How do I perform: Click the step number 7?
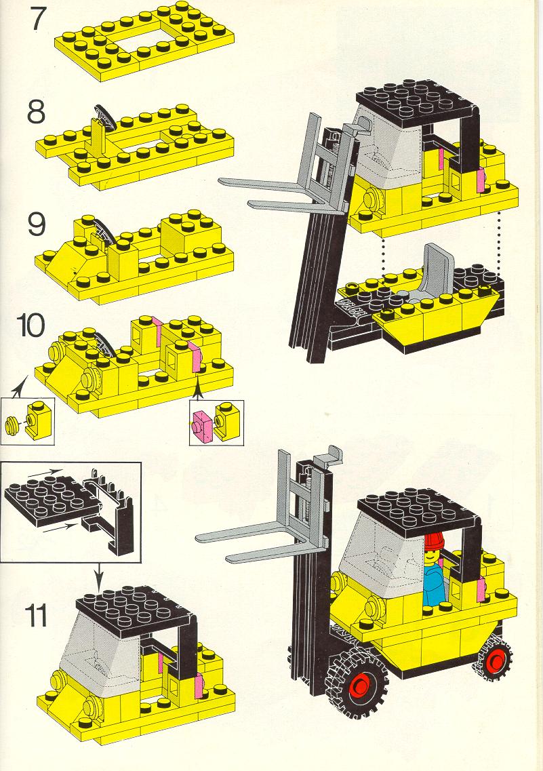(x=39, y=19)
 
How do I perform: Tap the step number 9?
(x=37, y=224)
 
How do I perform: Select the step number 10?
(x=31, y=325)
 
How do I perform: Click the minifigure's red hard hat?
(x=434, y=541)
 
